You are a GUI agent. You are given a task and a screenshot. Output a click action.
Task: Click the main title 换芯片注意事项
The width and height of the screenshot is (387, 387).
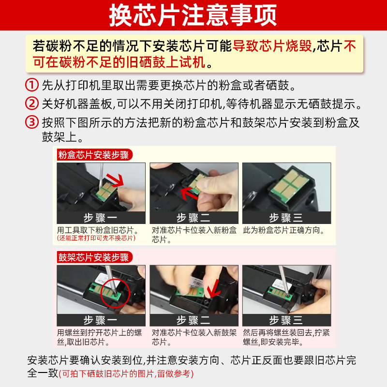pos(193,15)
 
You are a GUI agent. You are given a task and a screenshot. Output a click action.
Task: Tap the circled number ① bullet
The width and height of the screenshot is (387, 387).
pos(32,85)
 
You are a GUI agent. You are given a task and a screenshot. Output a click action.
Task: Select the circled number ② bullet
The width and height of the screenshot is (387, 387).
pos(32,104)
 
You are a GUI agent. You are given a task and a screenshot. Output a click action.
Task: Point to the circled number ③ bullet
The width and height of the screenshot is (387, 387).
pos(32,122)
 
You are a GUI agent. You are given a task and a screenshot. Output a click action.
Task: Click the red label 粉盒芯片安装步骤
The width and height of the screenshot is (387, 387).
pos(94,155)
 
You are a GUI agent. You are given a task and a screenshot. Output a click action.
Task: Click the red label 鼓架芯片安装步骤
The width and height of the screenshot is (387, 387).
pos(94,257)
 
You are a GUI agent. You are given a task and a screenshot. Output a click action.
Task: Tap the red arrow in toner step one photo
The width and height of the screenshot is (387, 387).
pos(116,180)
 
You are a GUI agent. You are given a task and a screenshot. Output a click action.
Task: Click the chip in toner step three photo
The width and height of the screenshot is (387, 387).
pos(290,185)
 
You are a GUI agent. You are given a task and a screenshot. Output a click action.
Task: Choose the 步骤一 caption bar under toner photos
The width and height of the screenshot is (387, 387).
pos(101,218)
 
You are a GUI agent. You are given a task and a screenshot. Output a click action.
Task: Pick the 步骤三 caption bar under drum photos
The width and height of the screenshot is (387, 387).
pos(286,320)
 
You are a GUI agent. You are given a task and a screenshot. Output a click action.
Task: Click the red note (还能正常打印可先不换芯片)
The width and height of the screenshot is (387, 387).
pos(96,238)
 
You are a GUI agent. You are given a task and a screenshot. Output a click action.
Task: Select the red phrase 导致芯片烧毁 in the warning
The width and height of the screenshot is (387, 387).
pos(272,46)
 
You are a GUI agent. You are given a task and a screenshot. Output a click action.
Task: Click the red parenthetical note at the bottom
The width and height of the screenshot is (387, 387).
pos(126,373)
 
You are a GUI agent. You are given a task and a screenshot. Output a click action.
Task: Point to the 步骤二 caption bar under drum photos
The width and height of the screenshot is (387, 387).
pos(194,320)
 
